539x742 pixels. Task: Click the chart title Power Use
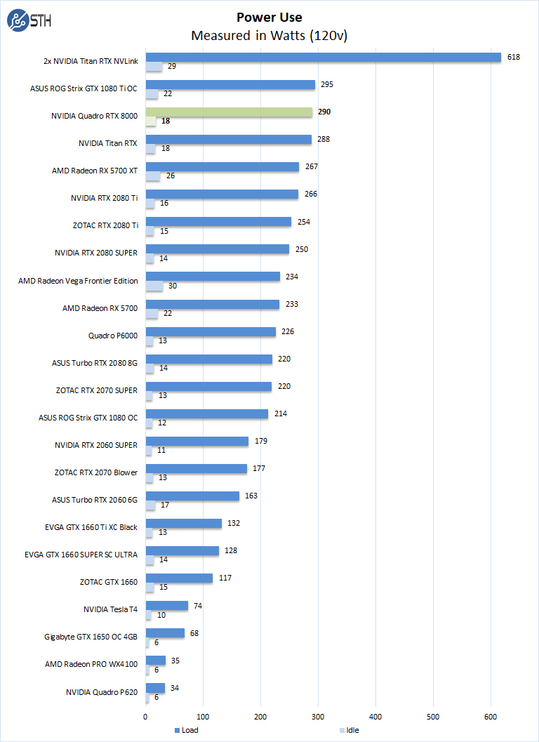269,17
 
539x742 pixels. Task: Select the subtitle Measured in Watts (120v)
269,35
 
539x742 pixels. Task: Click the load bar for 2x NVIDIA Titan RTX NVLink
323,58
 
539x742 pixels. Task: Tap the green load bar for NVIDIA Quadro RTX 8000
229,112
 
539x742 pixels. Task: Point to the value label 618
514,57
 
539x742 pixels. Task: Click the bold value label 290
324,112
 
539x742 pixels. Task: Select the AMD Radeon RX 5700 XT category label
95,171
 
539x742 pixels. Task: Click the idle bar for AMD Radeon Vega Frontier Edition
154,286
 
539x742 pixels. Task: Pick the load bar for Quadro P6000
211,331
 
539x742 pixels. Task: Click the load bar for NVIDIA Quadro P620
155,688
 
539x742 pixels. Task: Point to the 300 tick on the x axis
318,717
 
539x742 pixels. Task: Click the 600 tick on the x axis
491,717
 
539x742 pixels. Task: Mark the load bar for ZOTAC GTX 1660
179,578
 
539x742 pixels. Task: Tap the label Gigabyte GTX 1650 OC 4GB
91,637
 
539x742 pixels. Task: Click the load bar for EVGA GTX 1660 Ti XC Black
183,523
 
